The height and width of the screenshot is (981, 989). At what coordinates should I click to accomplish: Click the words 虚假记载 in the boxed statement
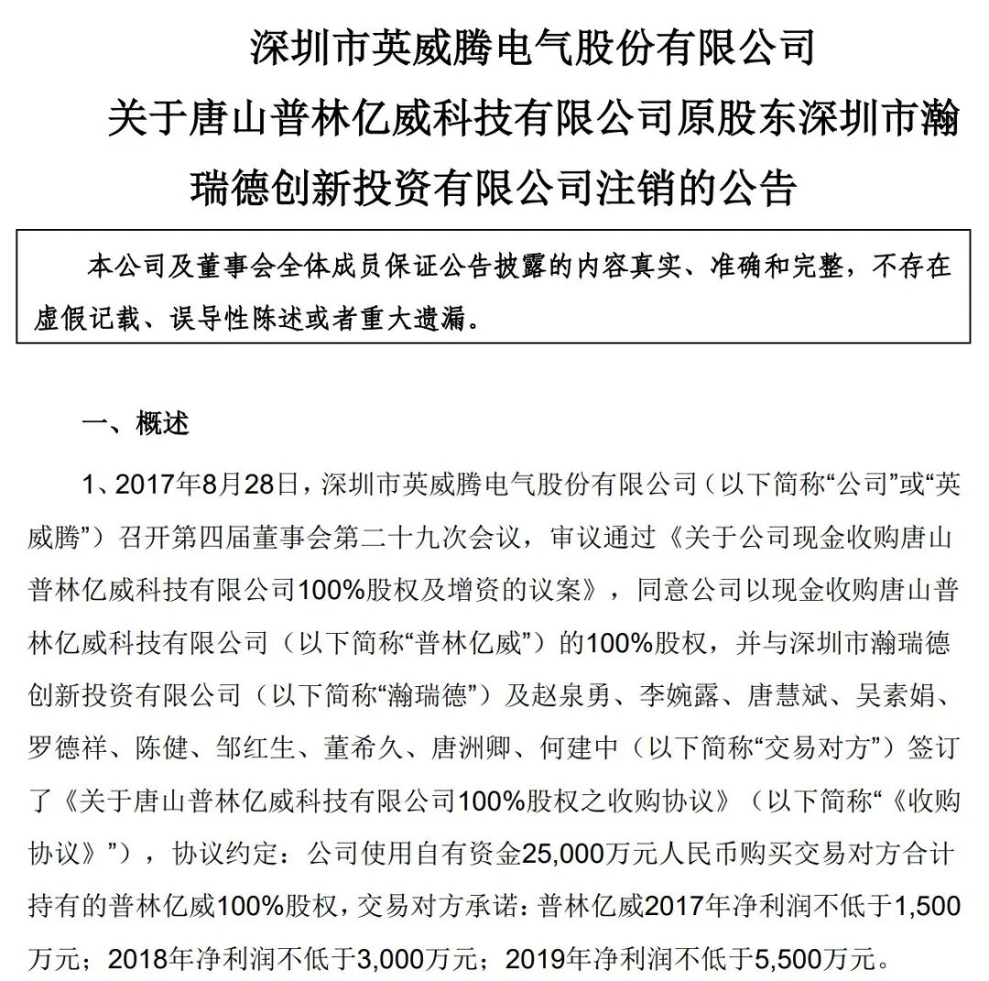76,319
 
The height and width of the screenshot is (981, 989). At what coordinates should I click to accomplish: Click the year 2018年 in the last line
143,959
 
